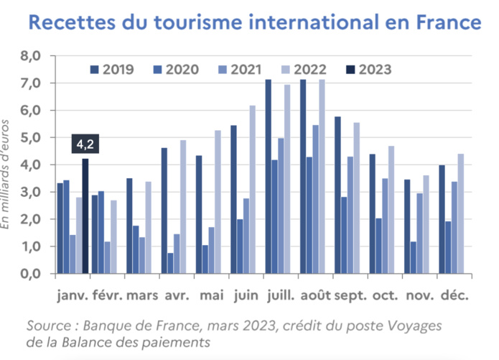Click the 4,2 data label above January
85,145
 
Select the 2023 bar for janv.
85,216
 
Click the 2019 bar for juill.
268,177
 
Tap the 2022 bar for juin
252,190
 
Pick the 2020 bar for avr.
171,263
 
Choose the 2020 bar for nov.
414,257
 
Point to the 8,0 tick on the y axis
32,55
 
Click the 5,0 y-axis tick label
32,137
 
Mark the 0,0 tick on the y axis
32,274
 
